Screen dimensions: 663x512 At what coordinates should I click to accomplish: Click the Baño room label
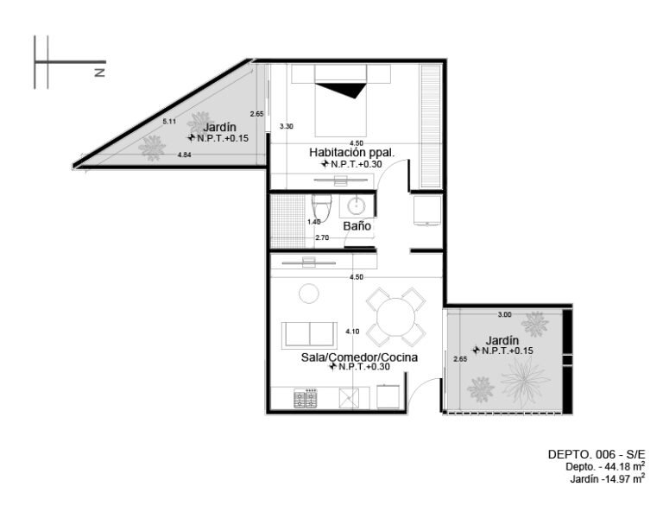coord(357,225)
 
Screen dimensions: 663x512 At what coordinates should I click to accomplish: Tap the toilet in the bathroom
coord(321,206)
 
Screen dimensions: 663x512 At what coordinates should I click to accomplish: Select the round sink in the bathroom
coord(357,206)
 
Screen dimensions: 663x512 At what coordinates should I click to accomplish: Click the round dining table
coord(395,317)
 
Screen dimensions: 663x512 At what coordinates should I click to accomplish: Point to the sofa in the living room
coord(309,335)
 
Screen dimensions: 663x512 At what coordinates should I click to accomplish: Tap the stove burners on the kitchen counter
coord(306,398)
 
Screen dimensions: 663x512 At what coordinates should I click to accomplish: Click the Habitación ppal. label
coord(352,152)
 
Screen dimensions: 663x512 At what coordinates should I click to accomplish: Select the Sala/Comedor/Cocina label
coord(359,357)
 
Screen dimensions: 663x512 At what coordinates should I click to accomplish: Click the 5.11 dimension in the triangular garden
coord(169,122)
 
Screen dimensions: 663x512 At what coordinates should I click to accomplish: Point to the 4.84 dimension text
coord(185,155)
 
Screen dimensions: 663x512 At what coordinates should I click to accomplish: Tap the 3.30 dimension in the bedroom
coord(287,126)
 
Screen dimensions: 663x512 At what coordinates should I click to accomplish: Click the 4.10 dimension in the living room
coord(352,332)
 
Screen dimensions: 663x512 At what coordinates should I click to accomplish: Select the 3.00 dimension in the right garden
coord(504,314)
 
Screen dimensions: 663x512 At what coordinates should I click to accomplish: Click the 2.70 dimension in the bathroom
coord(322,237)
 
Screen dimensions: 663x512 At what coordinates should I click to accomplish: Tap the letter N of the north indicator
coord(100,73)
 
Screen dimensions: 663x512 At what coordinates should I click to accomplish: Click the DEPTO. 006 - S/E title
coord(597,454)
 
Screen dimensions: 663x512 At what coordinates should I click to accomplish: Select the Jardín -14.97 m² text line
coord(607,479)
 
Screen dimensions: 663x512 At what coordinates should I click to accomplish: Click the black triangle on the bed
coord(341,90)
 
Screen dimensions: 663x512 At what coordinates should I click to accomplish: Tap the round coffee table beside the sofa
coord(309,293)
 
